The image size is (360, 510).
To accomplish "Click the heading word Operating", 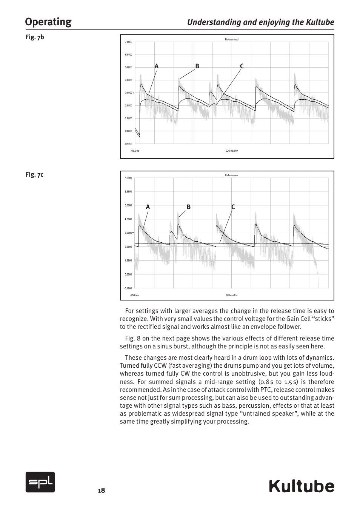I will pyautogui.click(x=48, y=22).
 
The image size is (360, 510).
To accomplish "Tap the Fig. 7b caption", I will pyautogui.click(x=35, y=37).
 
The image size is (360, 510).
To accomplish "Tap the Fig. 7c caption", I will pyautogui.click(x=35, y=174).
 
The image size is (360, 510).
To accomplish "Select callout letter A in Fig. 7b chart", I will pyautogui.click(x=156, y=66).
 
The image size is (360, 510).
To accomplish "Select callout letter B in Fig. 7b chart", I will pyautogui.click(x=197, y=66).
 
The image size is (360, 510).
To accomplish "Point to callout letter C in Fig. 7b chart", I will pyautogui.click(x=242, y=66).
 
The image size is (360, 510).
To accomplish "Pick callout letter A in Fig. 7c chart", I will pyautogui.click(x=148, y=207).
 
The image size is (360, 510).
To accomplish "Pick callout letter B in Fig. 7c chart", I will pyautogui.click(x=189, y=207).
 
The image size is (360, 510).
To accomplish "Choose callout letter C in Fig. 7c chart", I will pyautogui.click(x=233, y=207).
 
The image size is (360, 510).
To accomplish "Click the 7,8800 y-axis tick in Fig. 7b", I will pyautogui.click(x=128, y=42).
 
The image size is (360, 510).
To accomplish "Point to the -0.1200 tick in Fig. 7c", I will pyautogui.click(x=128, y=288).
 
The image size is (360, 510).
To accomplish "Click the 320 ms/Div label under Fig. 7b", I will pyautogui.click(x=232, y=151).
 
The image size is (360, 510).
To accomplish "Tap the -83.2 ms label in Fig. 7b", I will pyautogui.click(x=135, y=151).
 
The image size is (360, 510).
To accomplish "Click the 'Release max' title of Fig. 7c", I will pyautogui.click(x=232, y=175).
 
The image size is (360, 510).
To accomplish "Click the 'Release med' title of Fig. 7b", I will pyautogui.click(x=232, y=39).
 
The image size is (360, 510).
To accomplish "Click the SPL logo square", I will pyautogui.click(x=40, y=482).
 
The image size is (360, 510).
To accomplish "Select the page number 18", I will pyautogui.click(x=101, y=490).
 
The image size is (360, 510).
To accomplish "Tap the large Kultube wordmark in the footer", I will pyautogui.click(x=302, y=486).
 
